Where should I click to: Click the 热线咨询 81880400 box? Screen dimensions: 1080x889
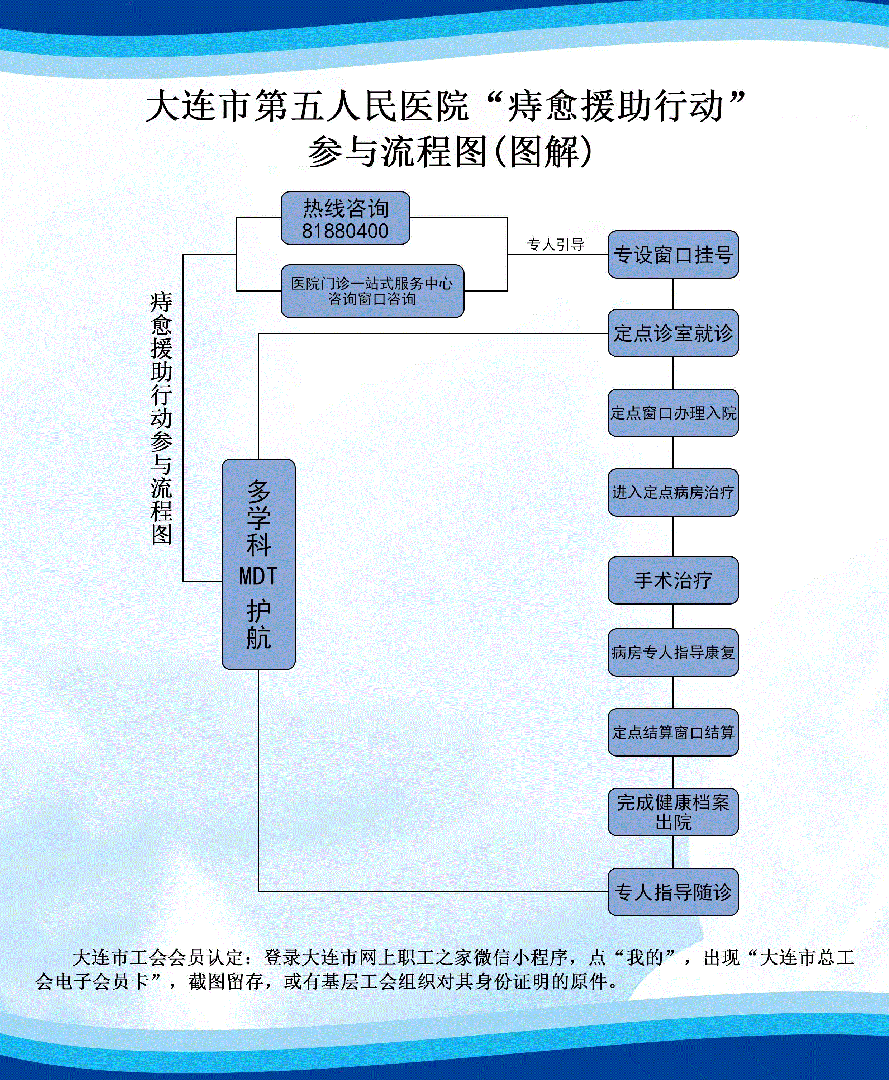[x=345, y=218]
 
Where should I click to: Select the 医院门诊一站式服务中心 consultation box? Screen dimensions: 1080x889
[x=372, y=291]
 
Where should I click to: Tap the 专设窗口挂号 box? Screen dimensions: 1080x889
[x=673, y=255]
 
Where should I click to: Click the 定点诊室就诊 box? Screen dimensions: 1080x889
[x=673, y=333]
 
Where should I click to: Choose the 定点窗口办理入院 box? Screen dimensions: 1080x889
[x=673, y=413]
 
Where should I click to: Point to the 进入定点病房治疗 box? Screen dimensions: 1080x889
[x=673, y=492]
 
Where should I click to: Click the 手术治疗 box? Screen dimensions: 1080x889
[x=673, y=580]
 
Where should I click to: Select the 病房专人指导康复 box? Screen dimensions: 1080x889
[x=673, y=652]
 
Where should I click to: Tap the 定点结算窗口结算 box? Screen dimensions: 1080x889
[x=673, y=732]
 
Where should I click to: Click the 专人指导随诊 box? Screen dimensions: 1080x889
[x=673, y=891]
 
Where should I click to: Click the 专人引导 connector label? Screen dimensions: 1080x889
[x=556, y=245]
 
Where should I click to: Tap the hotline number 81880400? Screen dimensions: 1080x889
[x=345, y=231]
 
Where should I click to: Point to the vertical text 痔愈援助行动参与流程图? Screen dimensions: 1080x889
[x=161, y=417]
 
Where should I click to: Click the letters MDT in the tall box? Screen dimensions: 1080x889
[x=258, y=576]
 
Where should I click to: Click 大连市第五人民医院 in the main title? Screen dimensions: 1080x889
[x=307, y=106]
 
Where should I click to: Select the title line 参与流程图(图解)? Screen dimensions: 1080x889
[x=450, y=152]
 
